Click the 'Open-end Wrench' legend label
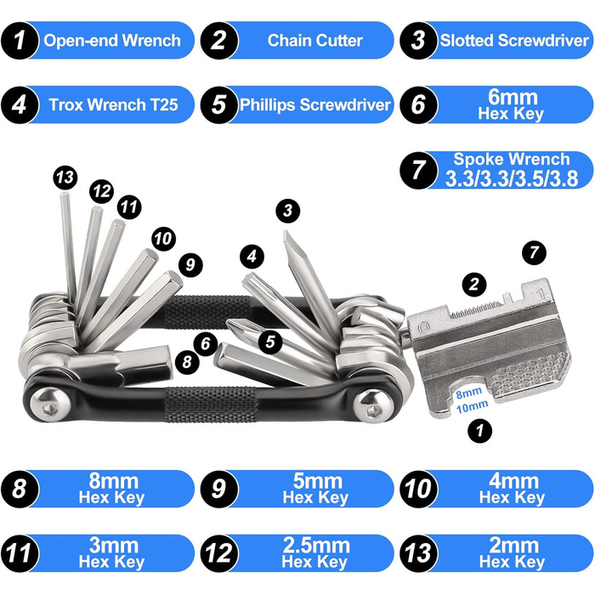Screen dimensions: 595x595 coord(112,41)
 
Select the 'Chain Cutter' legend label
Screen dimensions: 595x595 coord(315,41)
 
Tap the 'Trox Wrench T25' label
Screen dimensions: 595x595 coord(113,105)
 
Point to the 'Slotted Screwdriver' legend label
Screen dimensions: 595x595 coord(514,41)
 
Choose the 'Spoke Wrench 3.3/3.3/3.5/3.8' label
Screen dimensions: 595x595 coord(512,170)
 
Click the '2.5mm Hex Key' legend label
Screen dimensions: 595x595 coord(315,552)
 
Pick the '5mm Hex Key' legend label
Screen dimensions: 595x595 coord(315,489)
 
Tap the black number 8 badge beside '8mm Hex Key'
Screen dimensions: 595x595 coord(20,489)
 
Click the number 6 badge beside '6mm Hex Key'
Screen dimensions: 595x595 coord(418,105)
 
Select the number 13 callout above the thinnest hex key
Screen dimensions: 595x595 coord(65,177)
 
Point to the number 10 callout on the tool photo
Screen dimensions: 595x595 coord(163,239)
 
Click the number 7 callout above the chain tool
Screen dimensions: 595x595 coord(534,252)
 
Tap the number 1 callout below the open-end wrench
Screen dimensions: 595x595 coord(480,430)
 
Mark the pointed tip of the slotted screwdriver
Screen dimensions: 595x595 coord(286,232)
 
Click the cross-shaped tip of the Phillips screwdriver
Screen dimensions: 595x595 coord(232,325)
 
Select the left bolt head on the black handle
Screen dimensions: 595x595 coord(49,404)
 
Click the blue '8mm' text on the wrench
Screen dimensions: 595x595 coord(469,393)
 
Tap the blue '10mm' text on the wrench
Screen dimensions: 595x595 coord(472,406)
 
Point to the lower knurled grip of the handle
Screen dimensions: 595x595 coord(211,405)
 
